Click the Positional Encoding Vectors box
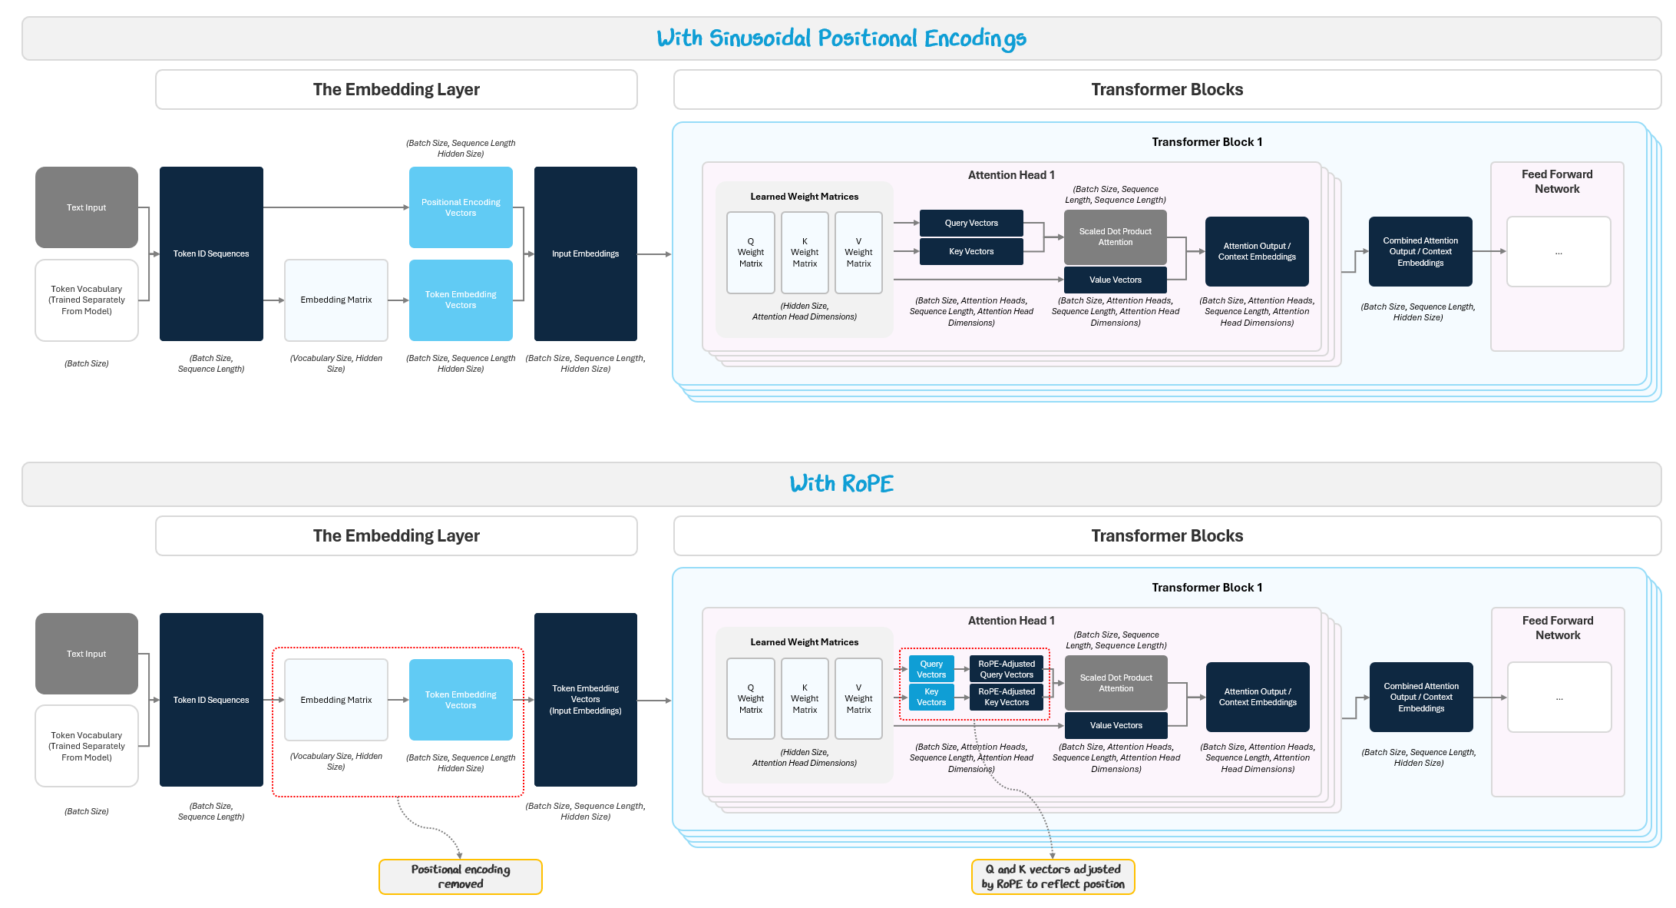click(x=461, y=207)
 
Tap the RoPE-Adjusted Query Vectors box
click(x=1007, y=669)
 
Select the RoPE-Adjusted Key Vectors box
click(x=1007, y=697)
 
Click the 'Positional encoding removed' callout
click(x=461, y=877)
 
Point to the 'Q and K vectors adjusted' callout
click(x=1053, y=877)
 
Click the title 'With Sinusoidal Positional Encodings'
click(x=841, y=38)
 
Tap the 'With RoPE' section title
click(x=841, y=484)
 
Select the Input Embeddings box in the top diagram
click(x=585, y=254)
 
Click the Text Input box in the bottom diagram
click(x=87, y=654)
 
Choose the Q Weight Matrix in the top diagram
click(x=751, y=253)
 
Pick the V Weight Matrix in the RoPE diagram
click(x=858, y=698)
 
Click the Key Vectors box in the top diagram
click(x=971, y=251)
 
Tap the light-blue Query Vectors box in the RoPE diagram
click(x=931, y=669)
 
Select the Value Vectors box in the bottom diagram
click(x=1116, y=725)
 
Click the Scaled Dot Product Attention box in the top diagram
click(x=1115, y=237)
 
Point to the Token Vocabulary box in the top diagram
click(x=87, y=300)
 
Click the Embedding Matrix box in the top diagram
click(x=336, y=300)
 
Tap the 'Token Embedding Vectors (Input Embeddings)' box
click(x=585, y=699)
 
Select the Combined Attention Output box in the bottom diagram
click(x=1421, y=697)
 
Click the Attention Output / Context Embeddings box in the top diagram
click(x=1257, y=251)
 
